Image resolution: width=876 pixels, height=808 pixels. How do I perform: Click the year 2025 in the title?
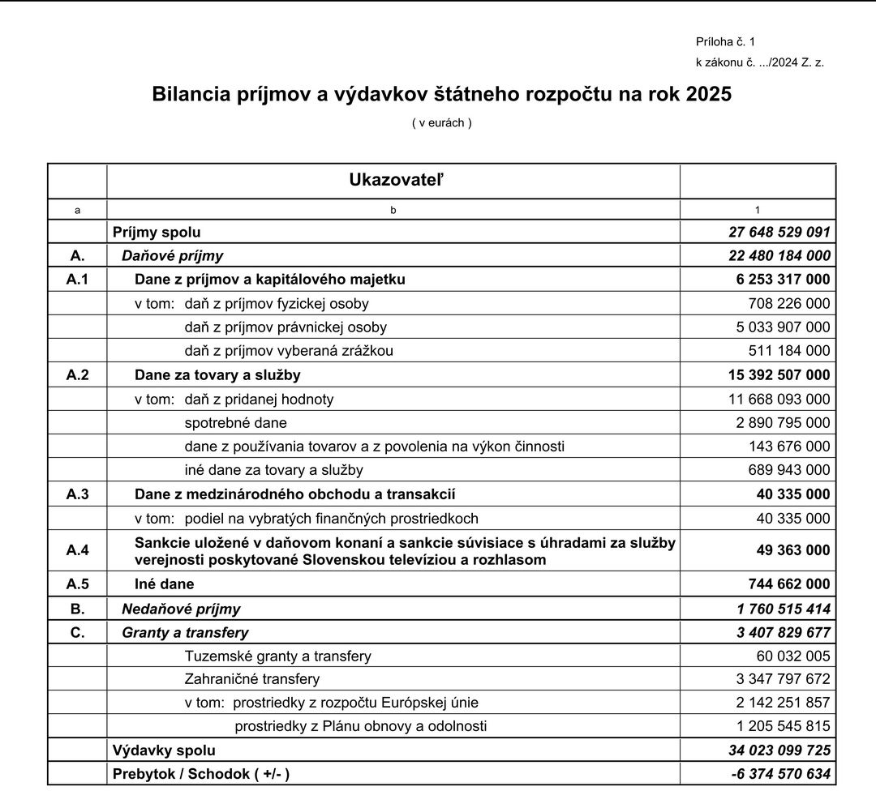708,94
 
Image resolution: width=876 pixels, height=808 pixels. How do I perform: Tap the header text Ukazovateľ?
397,180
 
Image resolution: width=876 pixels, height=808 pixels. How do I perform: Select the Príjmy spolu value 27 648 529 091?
779,233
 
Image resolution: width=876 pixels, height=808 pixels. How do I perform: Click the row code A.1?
78,280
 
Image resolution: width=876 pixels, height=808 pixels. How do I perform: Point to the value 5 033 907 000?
783,327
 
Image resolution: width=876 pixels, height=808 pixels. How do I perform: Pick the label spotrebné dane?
235,423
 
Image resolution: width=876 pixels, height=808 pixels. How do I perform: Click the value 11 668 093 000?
779,399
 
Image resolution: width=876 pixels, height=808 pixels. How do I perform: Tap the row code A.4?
78,550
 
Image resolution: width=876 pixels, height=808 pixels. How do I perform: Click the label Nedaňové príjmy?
181,609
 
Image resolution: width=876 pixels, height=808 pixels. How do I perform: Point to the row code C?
78,632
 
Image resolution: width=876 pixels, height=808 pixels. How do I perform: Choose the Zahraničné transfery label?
252,679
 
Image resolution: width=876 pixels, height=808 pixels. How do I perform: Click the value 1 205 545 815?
783,726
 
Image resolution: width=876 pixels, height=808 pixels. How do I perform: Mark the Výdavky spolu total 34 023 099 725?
779,750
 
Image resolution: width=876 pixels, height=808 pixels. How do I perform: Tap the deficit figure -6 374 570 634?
781,774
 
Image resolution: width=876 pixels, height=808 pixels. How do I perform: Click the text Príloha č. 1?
725,41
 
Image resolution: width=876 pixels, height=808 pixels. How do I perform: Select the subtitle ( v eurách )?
441,123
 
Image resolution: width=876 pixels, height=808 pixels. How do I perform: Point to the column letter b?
393,210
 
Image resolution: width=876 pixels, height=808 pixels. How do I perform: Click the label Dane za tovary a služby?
217,375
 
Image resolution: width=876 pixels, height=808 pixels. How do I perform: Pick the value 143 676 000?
789,447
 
